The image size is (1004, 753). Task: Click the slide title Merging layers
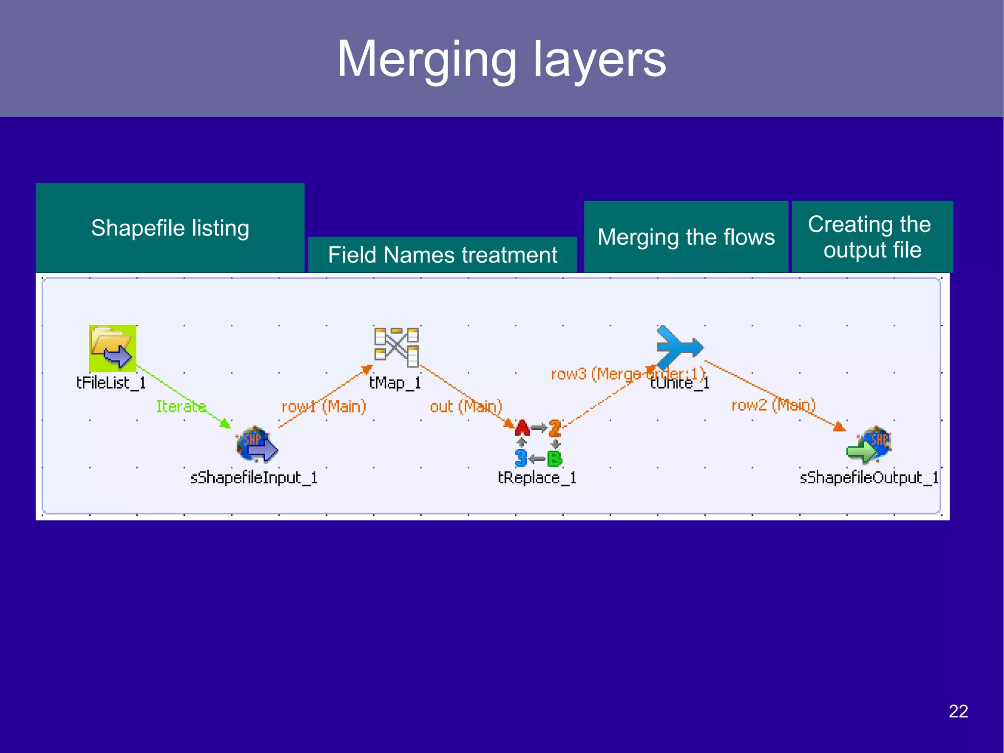501,59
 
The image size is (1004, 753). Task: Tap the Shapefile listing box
170,228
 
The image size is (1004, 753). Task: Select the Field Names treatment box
442,255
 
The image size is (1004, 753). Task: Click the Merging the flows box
686,237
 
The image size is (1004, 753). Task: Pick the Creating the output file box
872,237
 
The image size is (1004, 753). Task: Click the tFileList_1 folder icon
112,348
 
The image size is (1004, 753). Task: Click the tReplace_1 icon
538,443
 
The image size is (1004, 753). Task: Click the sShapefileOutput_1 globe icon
870,444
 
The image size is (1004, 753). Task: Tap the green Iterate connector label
180,406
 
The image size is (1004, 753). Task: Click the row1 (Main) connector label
324,407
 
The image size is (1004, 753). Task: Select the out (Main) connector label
466,407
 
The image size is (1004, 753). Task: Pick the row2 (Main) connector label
773,405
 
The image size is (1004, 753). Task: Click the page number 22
958,711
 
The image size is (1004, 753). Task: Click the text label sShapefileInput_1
253,478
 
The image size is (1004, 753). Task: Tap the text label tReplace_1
537,478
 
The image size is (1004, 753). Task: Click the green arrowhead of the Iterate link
226,424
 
